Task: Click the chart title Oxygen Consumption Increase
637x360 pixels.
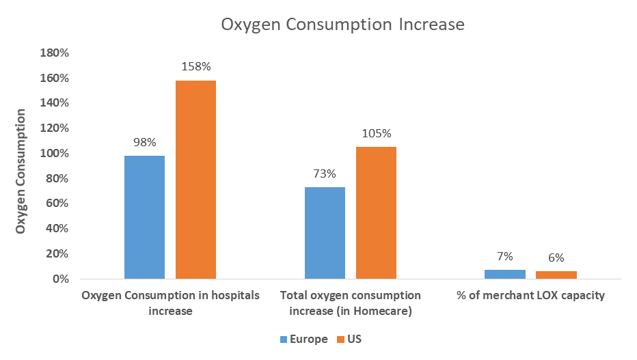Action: [342, 25]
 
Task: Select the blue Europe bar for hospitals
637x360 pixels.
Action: [144, 217]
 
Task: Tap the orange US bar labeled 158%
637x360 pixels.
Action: [195, 180]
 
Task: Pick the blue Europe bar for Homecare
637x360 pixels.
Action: [325, 233]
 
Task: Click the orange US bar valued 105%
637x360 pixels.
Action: [376, 212]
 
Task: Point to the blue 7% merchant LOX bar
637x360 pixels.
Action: [505, 275]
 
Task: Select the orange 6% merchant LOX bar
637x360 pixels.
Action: [556, 275]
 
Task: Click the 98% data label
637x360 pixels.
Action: [144, 142]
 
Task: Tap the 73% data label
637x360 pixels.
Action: [325, 174]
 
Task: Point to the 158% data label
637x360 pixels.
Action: [195, 67]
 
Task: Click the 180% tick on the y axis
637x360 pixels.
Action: [54, 53]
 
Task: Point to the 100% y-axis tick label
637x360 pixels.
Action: [54, 154]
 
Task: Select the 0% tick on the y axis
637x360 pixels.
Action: [60, 279]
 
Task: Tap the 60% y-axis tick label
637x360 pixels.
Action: [57, 204]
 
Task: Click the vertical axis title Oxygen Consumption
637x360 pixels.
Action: [21, 171]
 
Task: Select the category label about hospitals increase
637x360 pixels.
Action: [170, 303]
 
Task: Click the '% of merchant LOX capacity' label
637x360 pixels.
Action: [530, 296]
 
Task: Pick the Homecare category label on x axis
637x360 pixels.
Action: [350, 303]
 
